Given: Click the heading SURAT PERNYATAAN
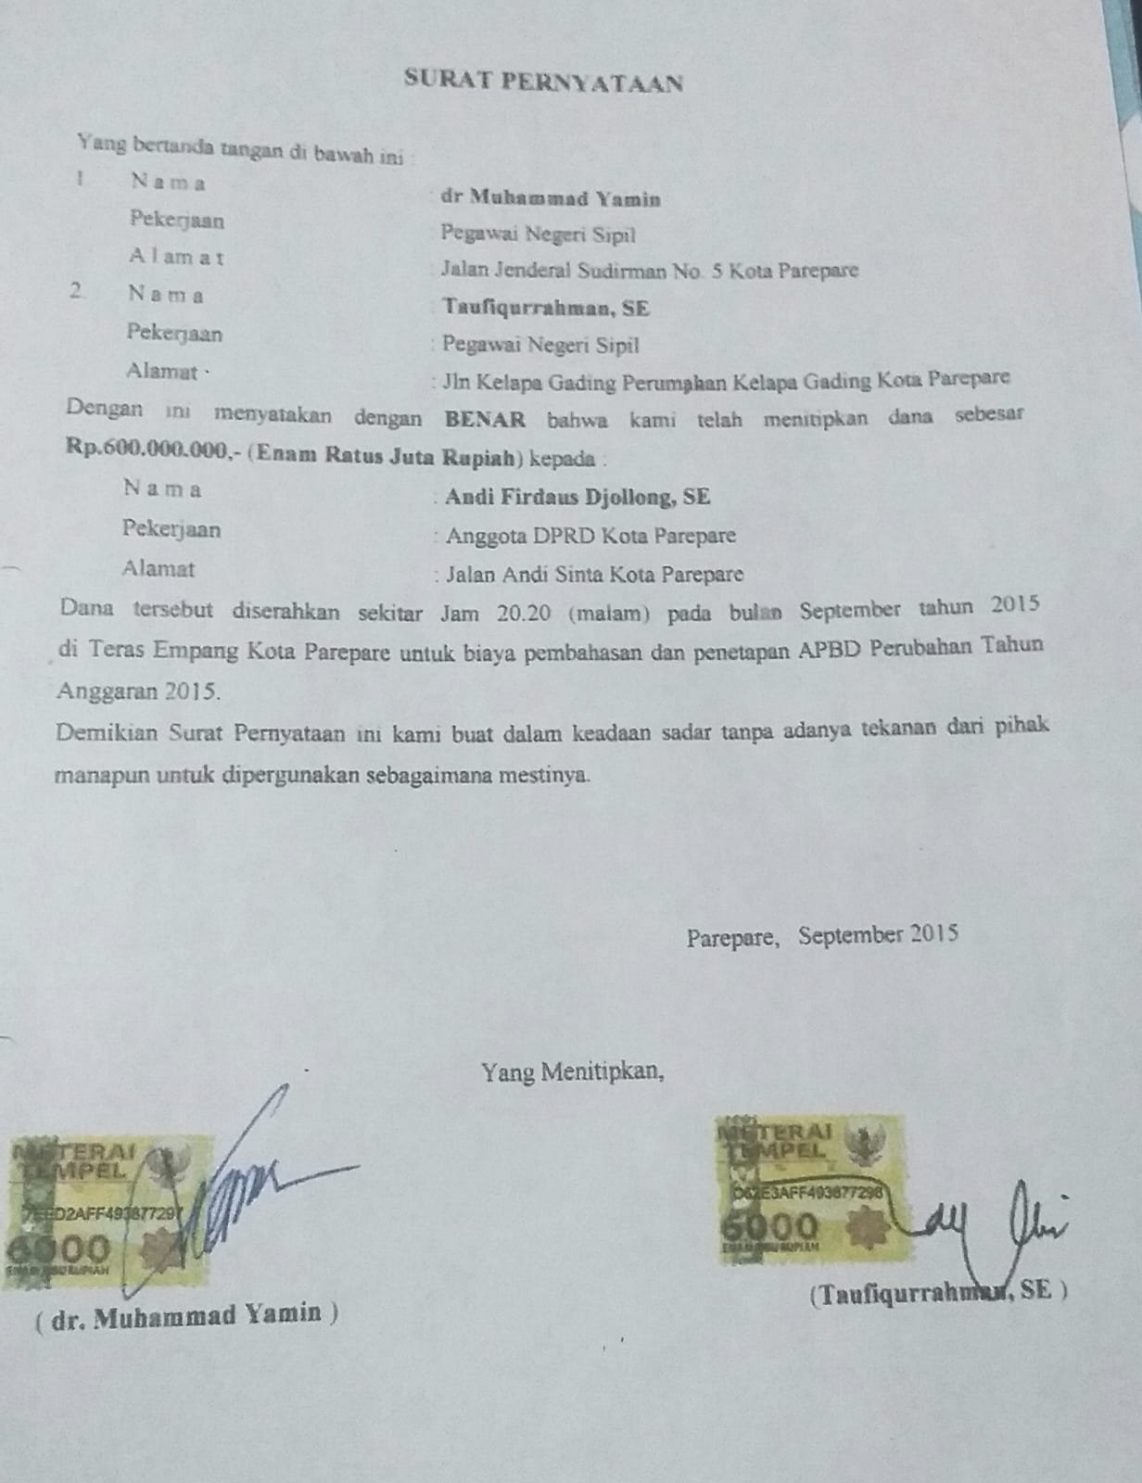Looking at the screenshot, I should coord(544,82).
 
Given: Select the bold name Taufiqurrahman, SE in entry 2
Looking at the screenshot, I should coord(546,308).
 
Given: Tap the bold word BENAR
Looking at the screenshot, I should coord(486,418).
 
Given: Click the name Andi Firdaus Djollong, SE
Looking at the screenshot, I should coord(577,497).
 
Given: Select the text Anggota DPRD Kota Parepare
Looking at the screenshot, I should coord(590,536).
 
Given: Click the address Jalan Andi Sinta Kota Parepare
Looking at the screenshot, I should coord(594,575).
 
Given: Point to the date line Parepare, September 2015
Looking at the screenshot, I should coord(822,935).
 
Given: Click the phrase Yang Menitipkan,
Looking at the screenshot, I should coord(572,1072).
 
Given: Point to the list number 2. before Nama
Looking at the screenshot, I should coord(78,291).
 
